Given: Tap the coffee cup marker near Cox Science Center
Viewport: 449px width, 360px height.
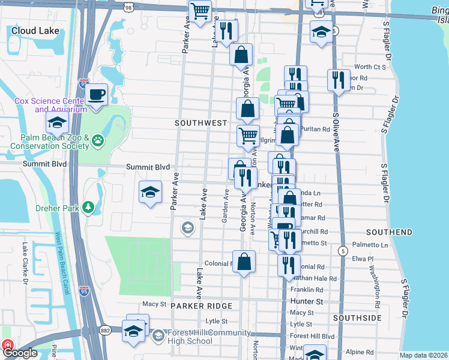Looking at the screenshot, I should pyautogui.click(x=96, y=93).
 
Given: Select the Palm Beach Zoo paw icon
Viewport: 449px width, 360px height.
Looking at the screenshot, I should pyautogui.click(x=97, y=142).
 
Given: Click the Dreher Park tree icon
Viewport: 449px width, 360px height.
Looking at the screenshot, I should pyautogui.click(x=89, y=208).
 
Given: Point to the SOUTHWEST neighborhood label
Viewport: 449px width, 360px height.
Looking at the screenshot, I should pyautogui.click(x=201, y=122).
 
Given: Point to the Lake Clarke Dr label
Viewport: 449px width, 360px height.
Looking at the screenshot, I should pyautogui.click(x=25, y=263).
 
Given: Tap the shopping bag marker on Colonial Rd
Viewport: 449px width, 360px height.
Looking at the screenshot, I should pyautogui.click(x=244, y=261).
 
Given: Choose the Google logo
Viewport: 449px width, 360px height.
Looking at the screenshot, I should pyautogui.click(x=20, y=353).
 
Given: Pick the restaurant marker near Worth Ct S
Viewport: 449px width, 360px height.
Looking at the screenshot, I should pyautogui.click(x=339, y=80).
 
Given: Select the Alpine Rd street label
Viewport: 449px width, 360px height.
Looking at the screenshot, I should pyautogui.click(x=361, y=353).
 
